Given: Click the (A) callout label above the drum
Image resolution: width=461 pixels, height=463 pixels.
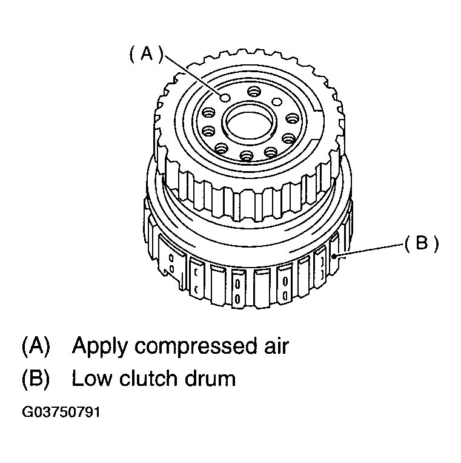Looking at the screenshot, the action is (x=146, y=55).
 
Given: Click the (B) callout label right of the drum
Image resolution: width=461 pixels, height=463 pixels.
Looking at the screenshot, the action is (x=422, y=244).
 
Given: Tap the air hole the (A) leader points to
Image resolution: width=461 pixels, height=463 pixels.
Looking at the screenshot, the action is (x=225, y=98).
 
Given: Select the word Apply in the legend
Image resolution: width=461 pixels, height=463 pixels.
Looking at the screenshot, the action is (x=99, y=346).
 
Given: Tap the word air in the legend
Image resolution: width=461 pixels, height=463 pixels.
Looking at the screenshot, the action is (x=276, y=345).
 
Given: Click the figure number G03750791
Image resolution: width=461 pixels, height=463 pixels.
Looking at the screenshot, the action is (x=61, y=412).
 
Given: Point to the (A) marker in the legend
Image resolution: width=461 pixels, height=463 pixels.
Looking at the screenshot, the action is (x=36, y=346).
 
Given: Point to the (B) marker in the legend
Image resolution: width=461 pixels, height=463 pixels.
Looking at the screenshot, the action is (x=36, y=378).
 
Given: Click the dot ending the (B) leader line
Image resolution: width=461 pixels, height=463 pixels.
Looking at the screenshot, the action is (x=334, y=256).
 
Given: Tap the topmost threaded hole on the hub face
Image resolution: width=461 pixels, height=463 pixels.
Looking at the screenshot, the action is (x=253, y=92).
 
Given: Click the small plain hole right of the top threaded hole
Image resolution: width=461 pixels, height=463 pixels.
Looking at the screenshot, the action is (x=277, y=102).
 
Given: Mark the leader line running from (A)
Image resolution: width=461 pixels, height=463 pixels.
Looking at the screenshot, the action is (x=193, y=75).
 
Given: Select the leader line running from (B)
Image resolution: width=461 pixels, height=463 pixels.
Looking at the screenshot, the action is (x=369, y=250).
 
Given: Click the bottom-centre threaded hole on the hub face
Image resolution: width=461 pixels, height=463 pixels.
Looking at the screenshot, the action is (x=247, y=155).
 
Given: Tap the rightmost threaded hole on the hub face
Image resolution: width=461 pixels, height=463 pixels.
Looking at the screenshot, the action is (x=293, y=119).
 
